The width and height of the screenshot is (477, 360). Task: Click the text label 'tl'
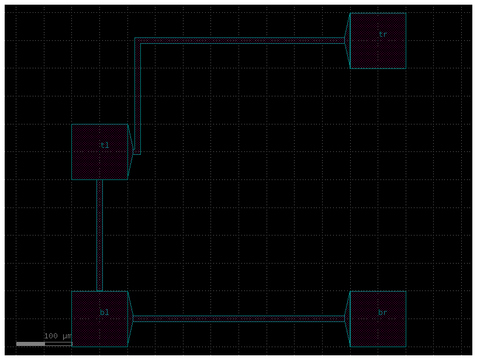(105, 145)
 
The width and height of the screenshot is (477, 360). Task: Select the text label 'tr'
(383, 34)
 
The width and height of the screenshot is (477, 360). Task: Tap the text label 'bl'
(104, 312)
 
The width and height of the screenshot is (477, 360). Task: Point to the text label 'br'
(383, 312)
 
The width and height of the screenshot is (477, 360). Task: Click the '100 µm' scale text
(58, 336)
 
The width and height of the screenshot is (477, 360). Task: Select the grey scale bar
(44, 344)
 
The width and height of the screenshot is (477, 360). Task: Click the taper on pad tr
(347, 41)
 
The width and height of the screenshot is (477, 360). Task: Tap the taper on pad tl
(130, 152)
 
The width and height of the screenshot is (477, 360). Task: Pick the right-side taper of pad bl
(130, 319)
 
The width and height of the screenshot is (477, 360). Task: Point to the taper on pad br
(347, 319)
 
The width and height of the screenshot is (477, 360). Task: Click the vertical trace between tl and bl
(99, 236)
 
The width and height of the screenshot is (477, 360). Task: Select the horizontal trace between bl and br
(239, 319)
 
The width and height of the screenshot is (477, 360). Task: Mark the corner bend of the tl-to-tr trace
(137, 41)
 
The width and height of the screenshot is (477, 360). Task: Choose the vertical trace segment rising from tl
(137, 96)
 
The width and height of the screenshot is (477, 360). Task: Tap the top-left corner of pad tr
(350, 13)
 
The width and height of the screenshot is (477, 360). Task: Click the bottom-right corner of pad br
(406, 347)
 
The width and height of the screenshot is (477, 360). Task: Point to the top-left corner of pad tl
(72, 124)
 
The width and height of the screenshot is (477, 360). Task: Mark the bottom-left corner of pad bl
(72, 347)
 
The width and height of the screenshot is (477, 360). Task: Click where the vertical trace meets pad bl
(99, 291)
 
